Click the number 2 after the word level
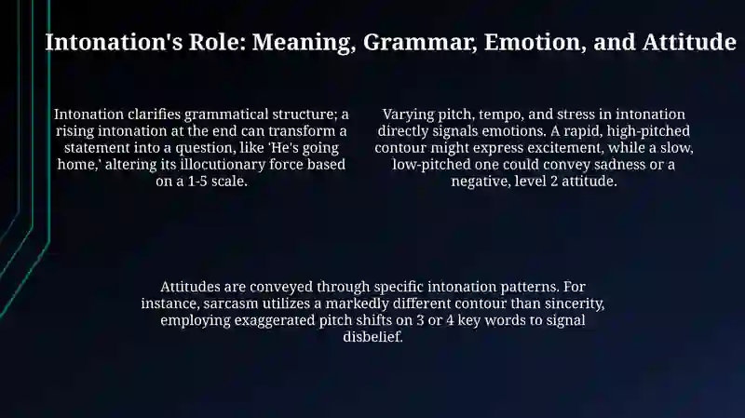554,182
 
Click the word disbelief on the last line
373,337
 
